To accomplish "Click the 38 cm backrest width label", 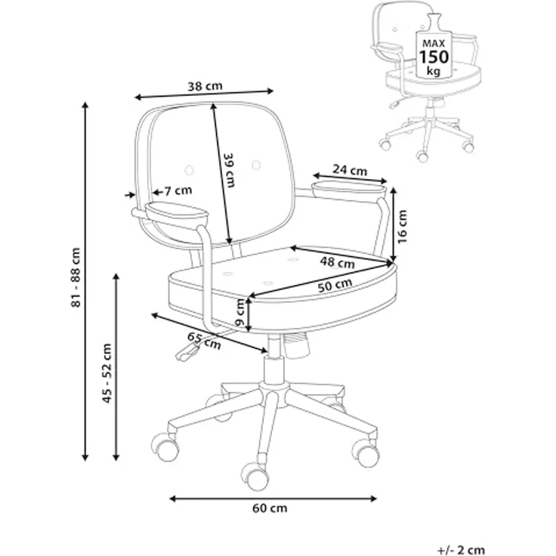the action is point(205,85).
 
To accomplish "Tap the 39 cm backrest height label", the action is point(230,170).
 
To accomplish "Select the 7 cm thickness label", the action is point(178,191).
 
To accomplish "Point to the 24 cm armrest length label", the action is point(350,170).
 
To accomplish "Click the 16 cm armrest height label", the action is point(403,227).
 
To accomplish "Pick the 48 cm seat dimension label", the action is point(337,263).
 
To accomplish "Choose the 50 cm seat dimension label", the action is point(335,285).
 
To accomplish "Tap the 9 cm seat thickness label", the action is point(240,313).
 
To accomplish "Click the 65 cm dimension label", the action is point(204,341).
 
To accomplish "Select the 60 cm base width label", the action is point(270,508).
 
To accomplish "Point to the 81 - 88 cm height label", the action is point(76,277).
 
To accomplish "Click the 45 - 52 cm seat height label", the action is point(107,373).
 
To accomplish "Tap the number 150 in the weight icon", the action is point(434,57).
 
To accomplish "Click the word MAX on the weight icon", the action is point(434,44).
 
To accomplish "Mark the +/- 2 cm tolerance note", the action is point(462,550).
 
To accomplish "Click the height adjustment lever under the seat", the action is point(188,353).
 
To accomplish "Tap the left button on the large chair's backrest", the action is point(190,170).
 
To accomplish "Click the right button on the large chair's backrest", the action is point(256,165).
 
